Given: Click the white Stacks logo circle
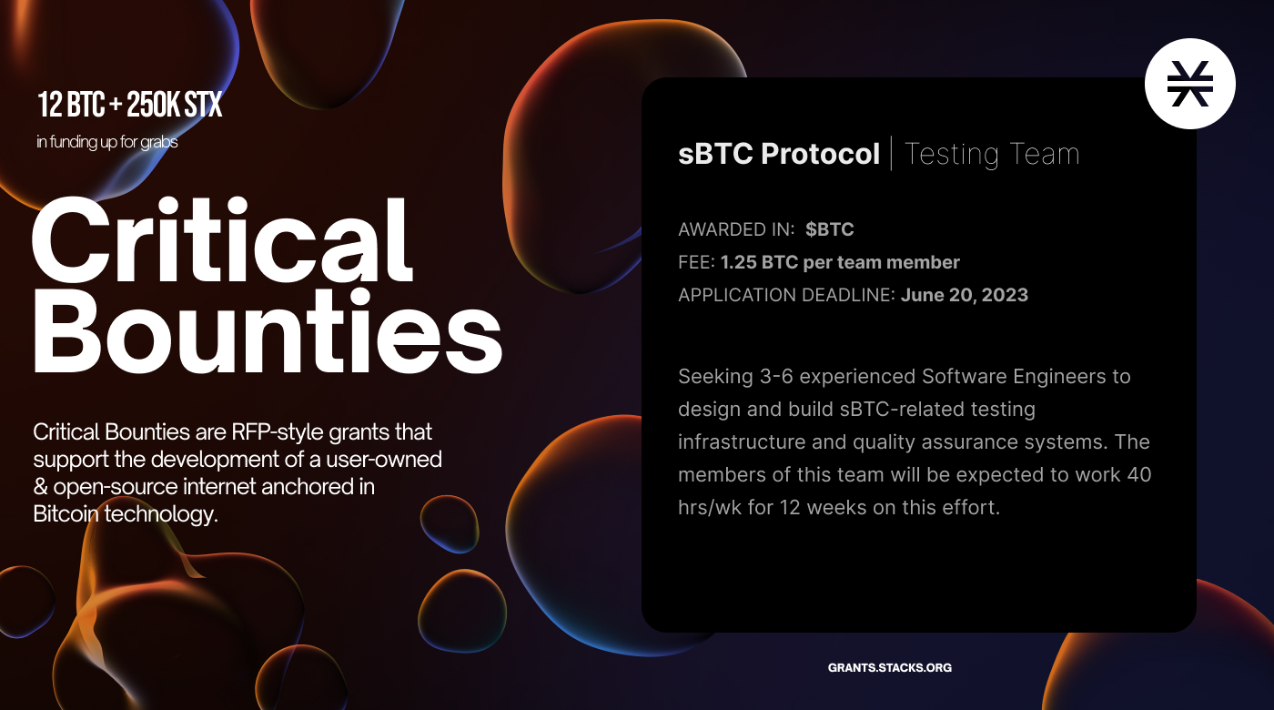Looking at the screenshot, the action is (x=1190, y=84).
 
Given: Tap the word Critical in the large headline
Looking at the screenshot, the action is (x=222, y=239).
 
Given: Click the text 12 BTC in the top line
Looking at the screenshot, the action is (x=72, y=105).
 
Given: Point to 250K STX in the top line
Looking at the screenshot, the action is (x=174, y=105).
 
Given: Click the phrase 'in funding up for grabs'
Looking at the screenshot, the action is (x=107, y=142).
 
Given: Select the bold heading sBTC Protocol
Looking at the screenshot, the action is (x=779, y=154).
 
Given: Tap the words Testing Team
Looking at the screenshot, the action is (x=992, y=154).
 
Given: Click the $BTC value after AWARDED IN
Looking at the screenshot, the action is (x=829, y=229).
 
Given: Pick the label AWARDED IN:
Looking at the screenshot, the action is (x=736, y=229).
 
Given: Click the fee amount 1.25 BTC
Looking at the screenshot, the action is (x=759, y=262).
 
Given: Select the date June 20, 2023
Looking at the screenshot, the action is (x=965, y=295).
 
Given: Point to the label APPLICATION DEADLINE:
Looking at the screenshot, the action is (x=786, y=295).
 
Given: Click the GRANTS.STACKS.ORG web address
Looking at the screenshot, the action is (x=890, y=667).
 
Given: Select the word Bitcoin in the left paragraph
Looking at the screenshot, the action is (x=66, y=513).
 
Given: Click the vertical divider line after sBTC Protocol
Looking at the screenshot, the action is (x=891, y=153).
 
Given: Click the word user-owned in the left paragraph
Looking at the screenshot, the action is (x=384, y=459).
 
